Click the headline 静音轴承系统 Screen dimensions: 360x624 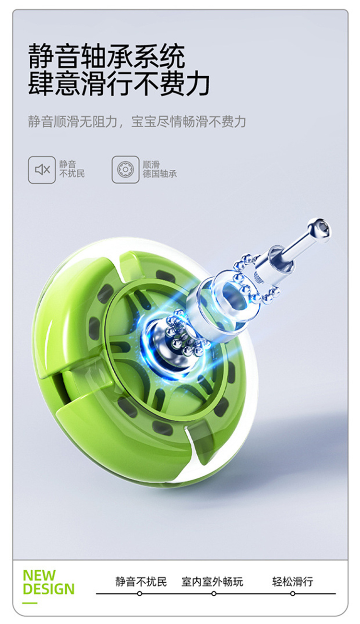[107, 56]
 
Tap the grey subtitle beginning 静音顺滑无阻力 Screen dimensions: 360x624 [137, 121]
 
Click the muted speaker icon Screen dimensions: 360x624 [42, 169]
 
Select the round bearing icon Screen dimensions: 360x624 [125, 169]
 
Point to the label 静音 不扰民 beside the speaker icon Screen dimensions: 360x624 [72, 169]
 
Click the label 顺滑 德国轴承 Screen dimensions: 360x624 [159, 169]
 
